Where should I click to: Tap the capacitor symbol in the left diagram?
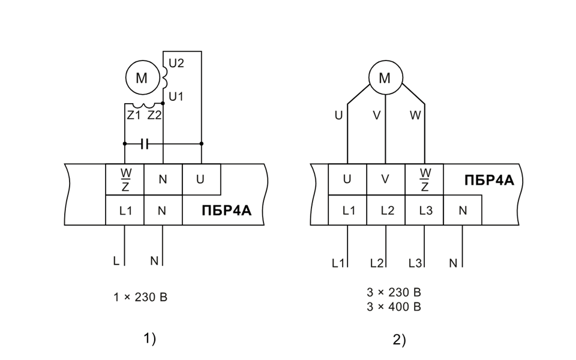tap(145, 144)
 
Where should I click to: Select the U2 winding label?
tap(176, 63)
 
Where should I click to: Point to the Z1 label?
tap(134, 115)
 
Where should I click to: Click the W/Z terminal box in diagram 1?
tap(125, 179)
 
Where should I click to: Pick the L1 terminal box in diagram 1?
tap(125, 210)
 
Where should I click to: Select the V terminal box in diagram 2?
tap(386, 179)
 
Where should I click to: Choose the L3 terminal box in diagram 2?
tap(424, 210)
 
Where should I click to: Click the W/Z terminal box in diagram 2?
tap(424, 179)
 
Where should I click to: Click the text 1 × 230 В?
tap(140, 297)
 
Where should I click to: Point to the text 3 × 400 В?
tap(394, 307)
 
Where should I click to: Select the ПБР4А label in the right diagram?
tap(490, 181)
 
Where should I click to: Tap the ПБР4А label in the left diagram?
tap(227, 211)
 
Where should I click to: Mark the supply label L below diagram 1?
tap(116, 261)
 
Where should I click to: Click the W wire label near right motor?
tap(415, 115)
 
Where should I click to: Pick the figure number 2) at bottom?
tap(400, 340)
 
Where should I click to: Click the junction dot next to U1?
tap(163, 104)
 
